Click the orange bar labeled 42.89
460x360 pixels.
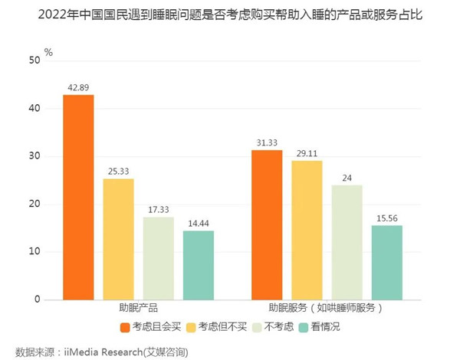click(78, 197)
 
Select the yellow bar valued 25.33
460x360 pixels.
click(118, 239)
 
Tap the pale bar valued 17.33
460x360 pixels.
click(158, 258)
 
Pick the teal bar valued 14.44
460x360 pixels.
click(198, 265)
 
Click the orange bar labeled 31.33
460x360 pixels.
click(267, 224)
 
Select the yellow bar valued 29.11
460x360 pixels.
click(307, 230)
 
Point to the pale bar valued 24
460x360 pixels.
click(347, 242)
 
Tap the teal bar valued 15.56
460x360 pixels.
click(386, 262)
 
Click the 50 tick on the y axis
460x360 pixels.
click(34, 61)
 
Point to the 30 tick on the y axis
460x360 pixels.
click(34, 156)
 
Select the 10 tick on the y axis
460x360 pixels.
click(34, 252)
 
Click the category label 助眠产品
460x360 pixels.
click(138, 309)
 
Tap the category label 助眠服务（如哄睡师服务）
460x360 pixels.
click(327, 309)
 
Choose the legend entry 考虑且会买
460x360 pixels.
click(152, 328)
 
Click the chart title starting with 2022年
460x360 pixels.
click(230, 14)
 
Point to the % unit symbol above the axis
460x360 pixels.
click(48, 52)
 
